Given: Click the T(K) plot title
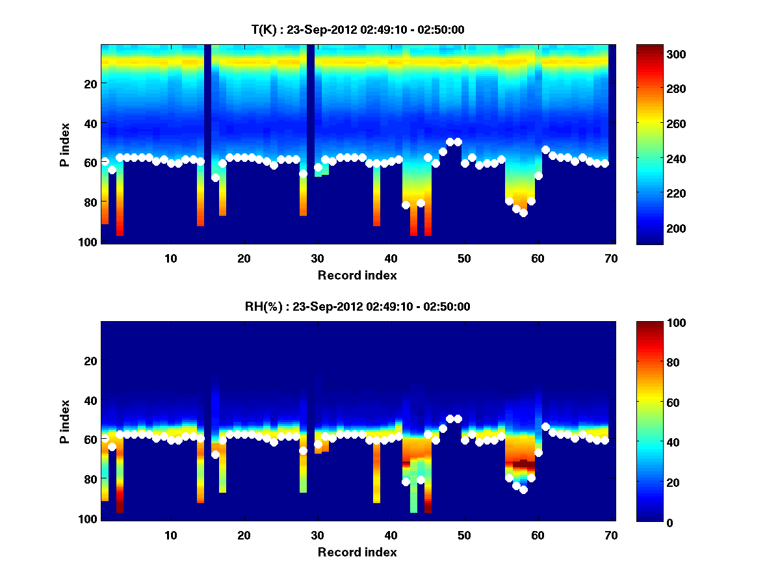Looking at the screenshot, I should pos(357,29).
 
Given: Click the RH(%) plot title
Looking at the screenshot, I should pos(357,307).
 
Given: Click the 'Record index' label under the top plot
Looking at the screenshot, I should pos(357,275).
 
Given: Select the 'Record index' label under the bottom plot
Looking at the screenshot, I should pos(357,552).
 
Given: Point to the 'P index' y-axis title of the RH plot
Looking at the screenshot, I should pos(66,421).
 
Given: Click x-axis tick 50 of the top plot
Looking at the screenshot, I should pos(463,258).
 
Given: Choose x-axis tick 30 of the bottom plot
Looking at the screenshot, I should pos(317,535).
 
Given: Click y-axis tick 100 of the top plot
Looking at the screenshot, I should pos(88,242).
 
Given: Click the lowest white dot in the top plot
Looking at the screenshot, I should pos(523,213).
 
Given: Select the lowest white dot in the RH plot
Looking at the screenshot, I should pos(523,489).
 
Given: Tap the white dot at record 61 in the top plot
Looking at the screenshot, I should pos(545,150).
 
